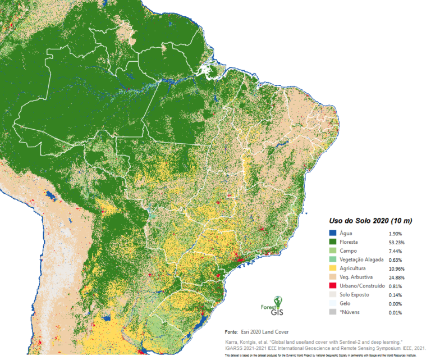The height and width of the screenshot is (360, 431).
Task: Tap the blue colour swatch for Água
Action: [x=333, y=233]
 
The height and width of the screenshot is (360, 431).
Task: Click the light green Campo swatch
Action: [x=333, y=250]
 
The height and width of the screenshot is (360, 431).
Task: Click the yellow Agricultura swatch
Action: [x=333, y=268]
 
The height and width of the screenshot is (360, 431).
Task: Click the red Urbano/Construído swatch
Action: [x=333, y=286]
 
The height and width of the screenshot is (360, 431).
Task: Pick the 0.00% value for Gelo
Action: [x=395, y=304]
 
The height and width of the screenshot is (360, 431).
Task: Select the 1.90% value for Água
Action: [x=395, y=233]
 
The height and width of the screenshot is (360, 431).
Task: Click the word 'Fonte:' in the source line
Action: [x=232, y=332]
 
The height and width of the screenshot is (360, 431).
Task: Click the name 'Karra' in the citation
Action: [x=232, y=341]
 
